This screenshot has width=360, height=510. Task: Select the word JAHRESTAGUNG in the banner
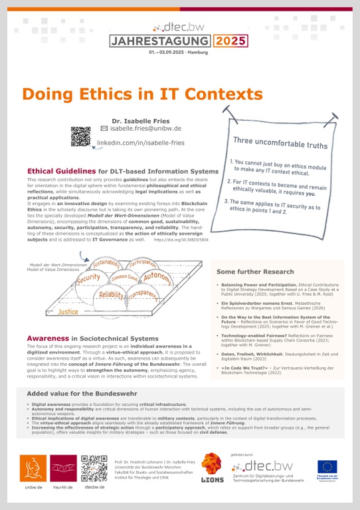click(x=161, y=41)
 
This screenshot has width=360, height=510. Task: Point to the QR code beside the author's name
click(x=80, y=135)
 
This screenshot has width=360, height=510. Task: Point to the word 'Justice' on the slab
click(x=68, y=310)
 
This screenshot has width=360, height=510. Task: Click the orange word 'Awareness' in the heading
click(x=48, y=338)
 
